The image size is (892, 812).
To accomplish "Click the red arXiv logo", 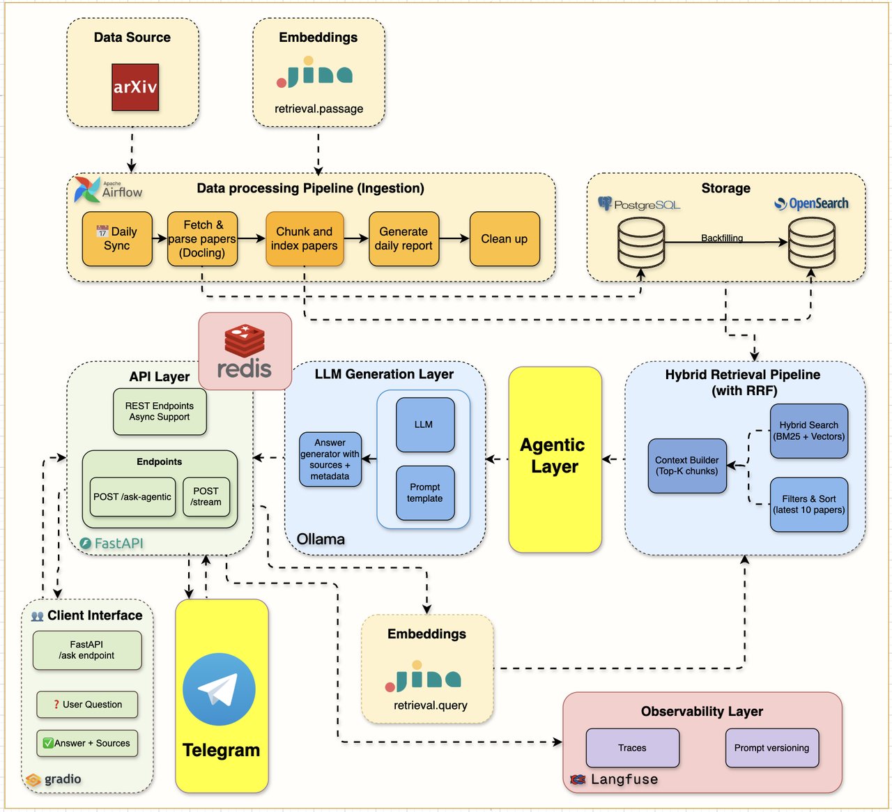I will click(x=135, y=87).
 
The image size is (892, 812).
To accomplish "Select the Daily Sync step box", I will click(x=117, y=239).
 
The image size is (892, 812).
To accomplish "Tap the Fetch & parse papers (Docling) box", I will click(x=203, y=239).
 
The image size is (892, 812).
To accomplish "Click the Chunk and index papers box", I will click(x=305, y=239).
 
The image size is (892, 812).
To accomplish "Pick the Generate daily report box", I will click(x=403, y=239).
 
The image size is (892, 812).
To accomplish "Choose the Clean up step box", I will click(x=505, y=239).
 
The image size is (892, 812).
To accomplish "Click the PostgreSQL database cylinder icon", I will click(x=640, y=243).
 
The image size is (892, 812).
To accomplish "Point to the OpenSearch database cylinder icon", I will click(x=811, y=243).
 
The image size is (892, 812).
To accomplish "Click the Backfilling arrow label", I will click(x=722, y=238).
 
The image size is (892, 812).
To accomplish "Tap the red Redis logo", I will click(x=245, y=351).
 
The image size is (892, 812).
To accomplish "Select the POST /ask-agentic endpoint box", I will click(x=132, y=497).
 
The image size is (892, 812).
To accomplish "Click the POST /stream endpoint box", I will click(x=206, y=497).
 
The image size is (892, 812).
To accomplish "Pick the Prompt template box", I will click(x=425, y=493).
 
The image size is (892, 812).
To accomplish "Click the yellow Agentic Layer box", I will click(x=555, y=459).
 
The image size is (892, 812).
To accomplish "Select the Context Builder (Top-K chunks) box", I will click(x=687, y=466).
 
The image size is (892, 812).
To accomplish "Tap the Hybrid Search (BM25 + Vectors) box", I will click(x=809, y=431).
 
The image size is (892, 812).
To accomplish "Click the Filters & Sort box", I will click(x=809, y=504).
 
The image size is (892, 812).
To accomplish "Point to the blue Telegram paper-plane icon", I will click(x=219, y=689).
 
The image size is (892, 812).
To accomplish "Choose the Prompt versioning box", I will click(x=772, y=748).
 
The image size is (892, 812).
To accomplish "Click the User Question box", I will click(x=87, y=705).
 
